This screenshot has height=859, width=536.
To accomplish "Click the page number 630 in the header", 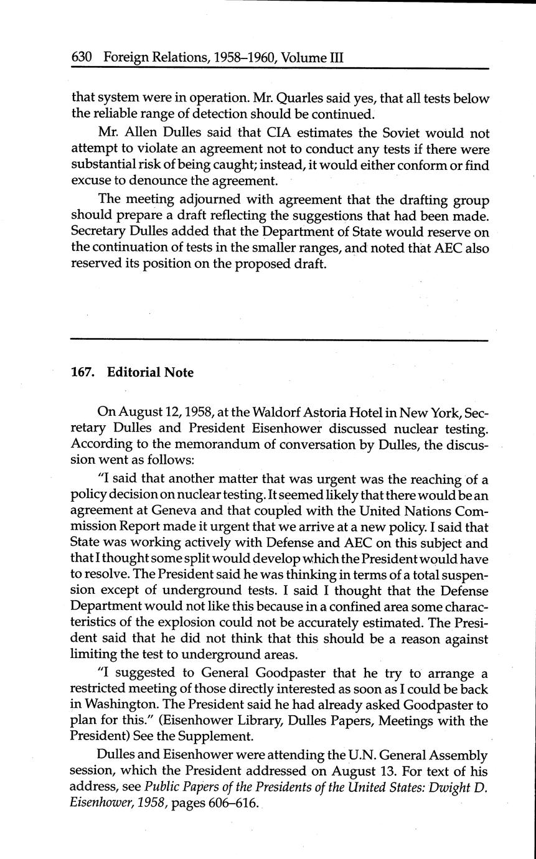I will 82,58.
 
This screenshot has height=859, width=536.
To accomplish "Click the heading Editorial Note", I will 150,372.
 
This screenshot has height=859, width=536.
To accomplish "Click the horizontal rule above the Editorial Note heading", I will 280,339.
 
